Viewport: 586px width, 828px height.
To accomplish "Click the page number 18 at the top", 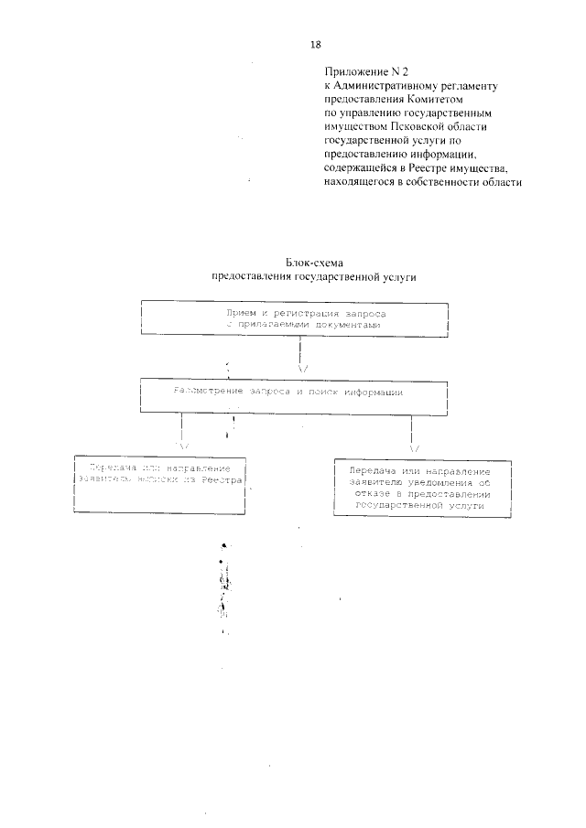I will [316, 44].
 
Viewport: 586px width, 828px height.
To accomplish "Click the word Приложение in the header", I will [354, 70].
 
